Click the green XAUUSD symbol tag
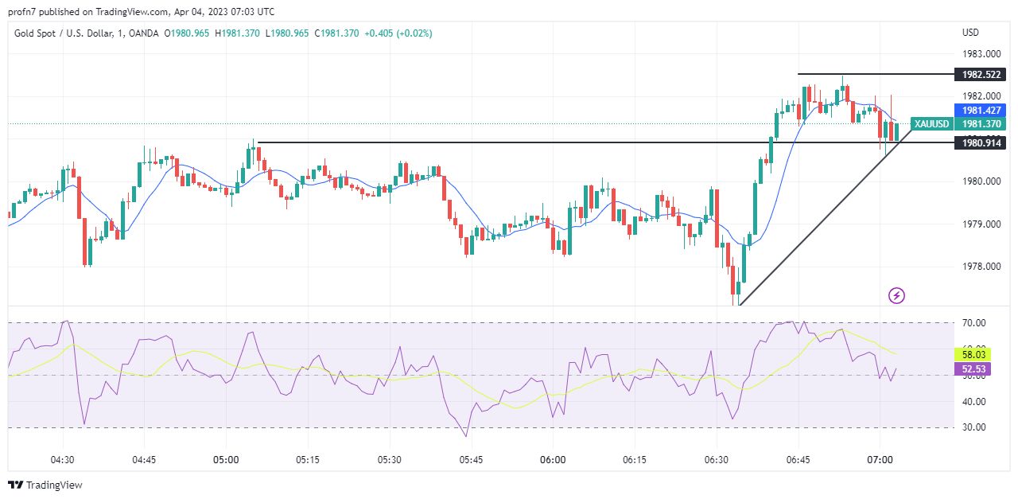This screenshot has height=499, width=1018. pyautogui.click(x=931, y=123)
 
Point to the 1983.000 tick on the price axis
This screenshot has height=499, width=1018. pyautogui.click(x=981, y=54)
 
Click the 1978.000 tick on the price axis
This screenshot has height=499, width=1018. pyautogui.click(x=981, y=267)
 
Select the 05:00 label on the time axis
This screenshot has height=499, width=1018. pyautogui.click(x=226, y=460)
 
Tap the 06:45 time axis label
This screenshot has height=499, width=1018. pyautogui.click(x=798, y=460)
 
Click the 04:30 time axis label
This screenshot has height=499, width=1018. pyautogui.click(x=62, y=460)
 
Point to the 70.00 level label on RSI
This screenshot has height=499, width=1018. pyautogui.click(x=974, y=322)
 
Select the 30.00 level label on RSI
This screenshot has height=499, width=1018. pyautogui.click(x=974, y=427)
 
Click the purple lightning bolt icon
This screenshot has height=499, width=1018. pyautogui.click(x=896, y=296)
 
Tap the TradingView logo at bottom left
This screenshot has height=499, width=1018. pyautogui.click(x=45, y=485)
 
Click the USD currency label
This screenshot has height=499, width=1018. pyautogui.click(x=970, y=33)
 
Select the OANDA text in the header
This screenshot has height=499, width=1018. pyautogui.click(x=144, y=33)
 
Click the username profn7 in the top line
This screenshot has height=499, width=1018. pyautogui.click(x=23, y=12)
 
